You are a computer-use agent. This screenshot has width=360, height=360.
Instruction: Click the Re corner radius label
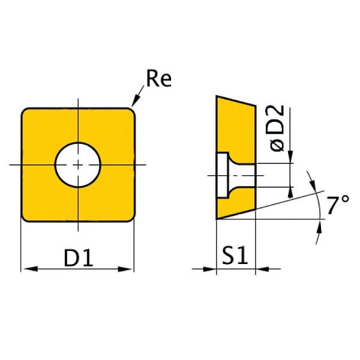click(x=158, y=80)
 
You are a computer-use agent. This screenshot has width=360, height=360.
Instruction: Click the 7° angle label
click(x=338, y=206)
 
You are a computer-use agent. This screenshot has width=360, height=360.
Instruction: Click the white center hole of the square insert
click(x=77, y=164)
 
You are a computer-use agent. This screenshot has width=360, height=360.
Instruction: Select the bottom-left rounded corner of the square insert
click(x=26, y=217)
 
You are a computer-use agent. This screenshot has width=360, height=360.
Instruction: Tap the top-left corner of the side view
click(x=217, y=96)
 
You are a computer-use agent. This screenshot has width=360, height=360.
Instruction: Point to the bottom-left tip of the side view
click(x=217, y=219)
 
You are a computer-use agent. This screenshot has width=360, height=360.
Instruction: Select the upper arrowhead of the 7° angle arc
click(x=313, y=179)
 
